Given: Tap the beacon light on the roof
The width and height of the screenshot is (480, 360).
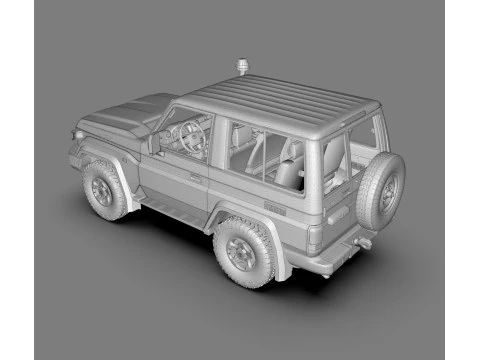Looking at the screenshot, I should (241, 68).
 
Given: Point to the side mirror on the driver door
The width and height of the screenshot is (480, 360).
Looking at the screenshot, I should (154, 144).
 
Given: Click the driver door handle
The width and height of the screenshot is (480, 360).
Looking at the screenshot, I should (195, 179).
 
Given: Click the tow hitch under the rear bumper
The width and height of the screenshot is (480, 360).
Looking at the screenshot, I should (364, 243).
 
